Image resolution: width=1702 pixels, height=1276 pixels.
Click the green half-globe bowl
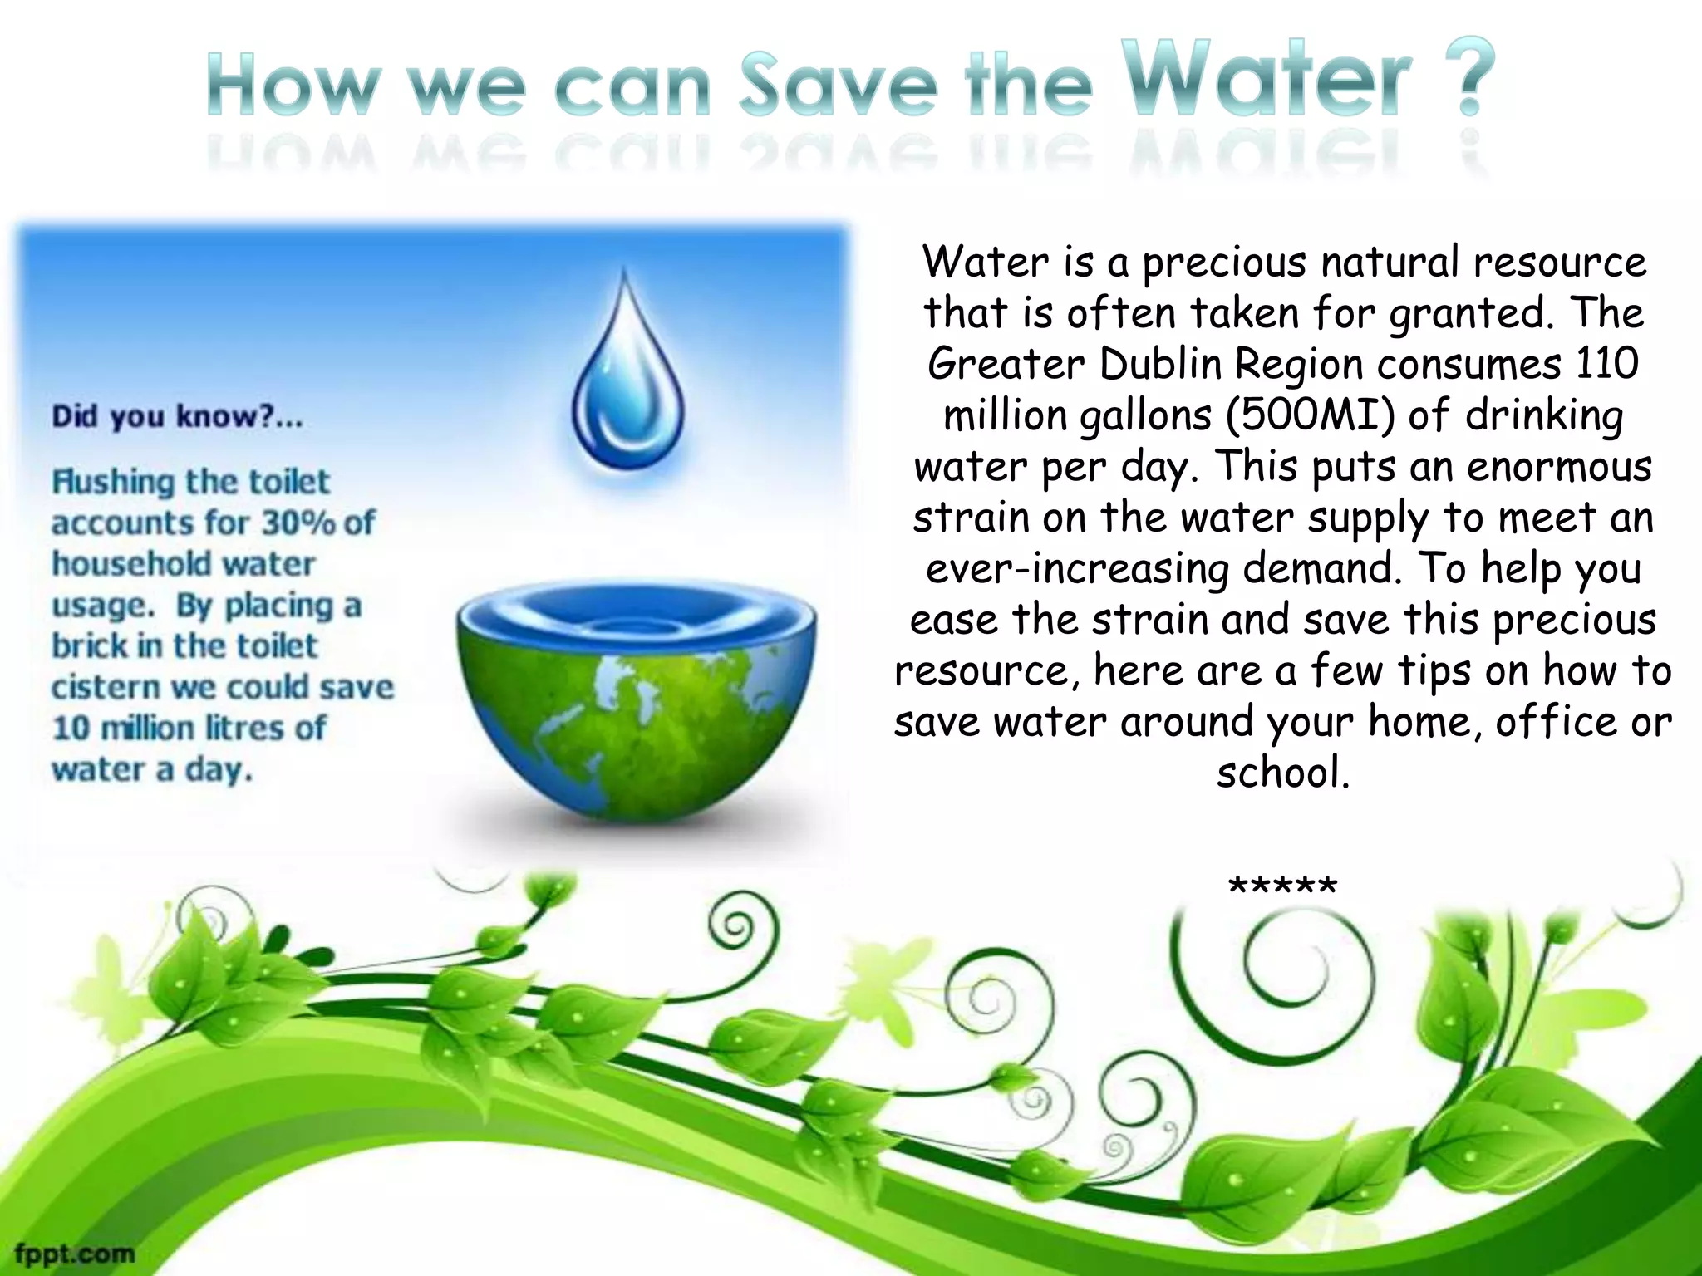pyautogui.click(x=635, y=706)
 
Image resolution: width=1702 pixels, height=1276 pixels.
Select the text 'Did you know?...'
pyautogui.click(x=177, y=416)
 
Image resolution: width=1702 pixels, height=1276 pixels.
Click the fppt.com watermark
pyautogui.click(x=75, y=1253)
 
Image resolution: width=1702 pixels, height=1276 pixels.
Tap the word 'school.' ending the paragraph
pyautogui.click(x=1282, y=773)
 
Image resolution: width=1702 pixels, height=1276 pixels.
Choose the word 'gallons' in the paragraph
pyautogui.click(x=1146, y=415)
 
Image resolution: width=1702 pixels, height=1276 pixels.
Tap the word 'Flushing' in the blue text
pyautogui.click(x=112, y=482)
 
